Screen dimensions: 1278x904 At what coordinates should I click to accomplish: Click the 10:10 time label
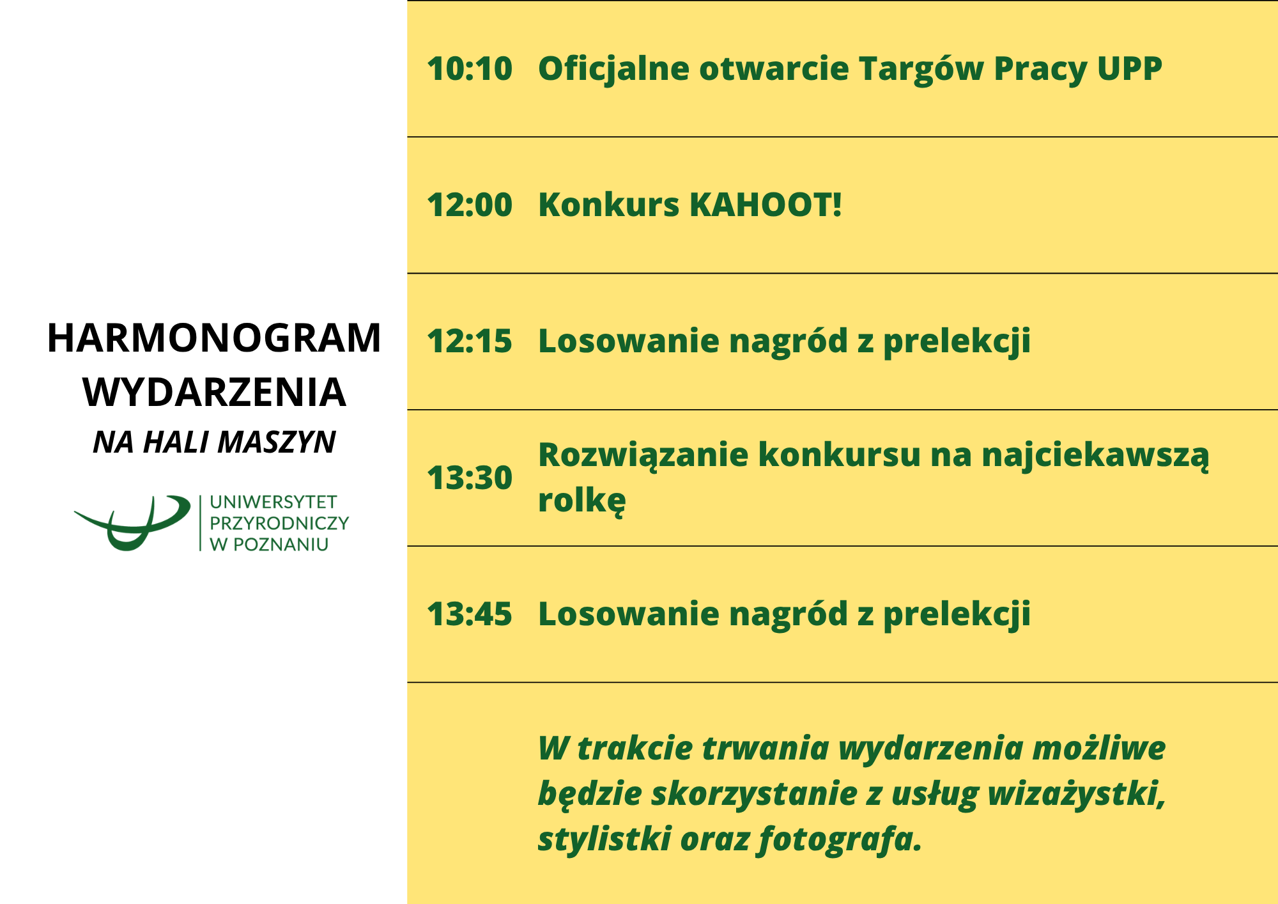coord(470,68)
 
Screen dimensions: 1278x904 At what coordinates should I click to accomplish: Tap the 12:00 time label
coord(470,205)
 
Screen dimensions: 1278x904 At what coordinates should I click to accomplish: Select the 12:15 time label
coord(470,341)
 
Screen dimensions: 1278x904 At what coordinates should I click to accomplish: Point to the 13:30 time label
coord(470,478)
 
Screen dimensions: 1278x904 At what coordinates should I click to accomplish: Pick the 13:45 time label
coord(470,614)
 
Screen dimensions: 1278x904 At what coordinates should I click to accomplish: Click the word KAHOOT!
coord(766,205)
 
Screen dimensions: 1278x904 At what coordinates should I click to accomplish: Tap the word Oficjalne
coord(613,70)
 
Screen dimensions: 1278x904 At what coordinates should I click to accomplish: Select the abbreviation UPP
coord(1129,69)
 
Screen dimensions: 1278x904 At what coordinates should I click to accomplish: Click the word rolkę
coord(581,500)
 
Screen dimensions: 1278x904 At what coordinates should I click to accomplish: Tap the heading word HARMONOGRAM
coord(214,338)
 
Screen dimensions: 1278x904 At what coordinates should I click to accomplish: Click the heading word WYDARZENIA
coord(214,393)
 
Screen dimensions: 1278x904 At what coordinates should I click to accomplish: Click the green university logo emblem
coord(132,523)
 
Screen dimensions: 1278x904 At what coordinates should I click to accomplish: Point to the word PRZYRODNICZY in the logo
coord(279,523)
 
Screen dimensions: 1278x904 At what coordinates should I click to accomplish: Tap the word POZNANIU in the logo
coord(281,545)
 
